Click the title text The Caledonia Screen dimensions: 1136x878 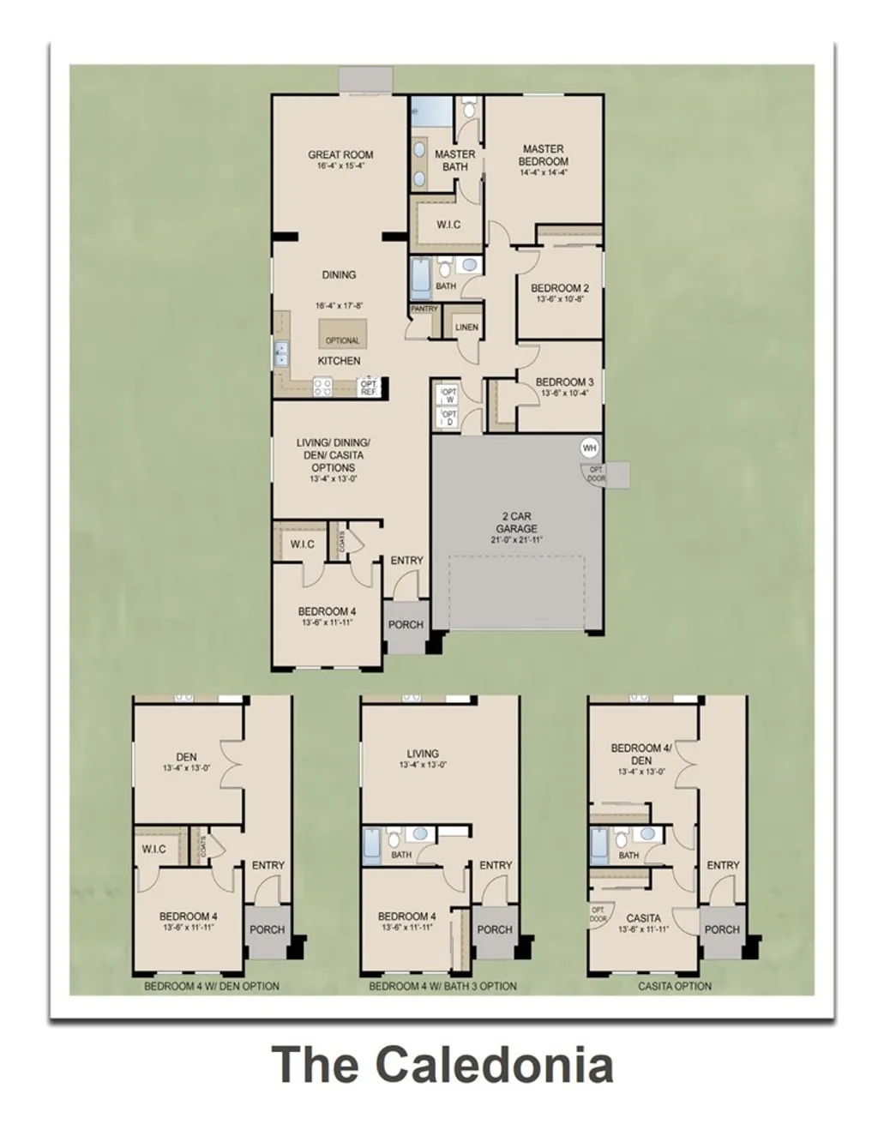442,1065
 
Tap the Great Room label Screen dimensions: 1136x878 340,155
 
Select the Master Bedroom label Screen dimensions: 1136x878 544,155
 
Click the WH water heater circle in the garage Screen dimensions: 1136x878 589,448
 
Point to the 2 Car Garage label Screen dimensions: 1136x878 516,523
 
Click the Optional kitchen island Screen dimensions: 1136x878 343,333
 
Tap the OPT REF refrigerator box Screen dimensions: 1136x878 369,388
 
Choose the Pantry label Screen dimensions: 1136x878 424,309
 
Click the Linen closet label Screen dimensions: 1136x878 466,328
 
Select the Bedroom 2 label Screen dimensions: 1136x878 560,289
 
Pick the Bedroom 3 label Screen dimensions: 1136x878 564,382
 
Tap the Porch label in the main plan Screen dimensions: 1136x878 406,624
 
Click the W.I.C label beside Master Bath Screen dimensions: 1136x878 448,225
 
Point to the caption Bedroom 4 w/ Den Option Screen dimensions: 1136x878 211,986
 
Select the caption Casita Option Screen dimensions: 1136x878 675,986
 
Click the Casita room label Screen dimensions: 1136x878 643,918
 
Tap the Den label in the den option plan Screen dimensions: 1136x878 186,757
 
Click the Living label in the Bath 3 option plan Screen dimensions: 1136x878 423,754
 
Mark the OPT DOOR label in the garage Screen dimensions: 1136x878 596,474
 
